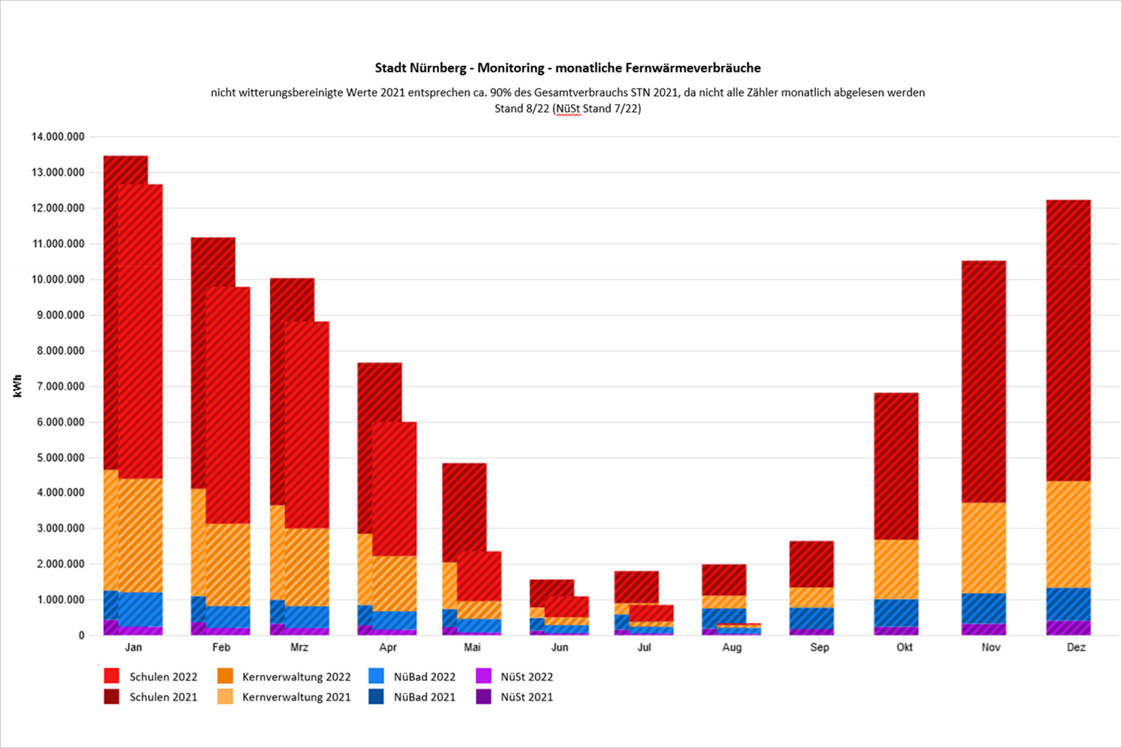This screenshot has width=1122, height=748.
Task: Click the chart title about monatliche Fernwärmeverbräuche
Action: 568,68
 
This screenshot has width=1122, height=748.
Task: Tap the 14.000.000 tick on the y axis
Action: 58,137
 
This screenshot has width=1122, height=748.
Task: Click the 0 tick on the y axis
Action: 82,636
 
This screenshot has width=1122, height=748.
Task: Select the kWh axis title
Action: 17,386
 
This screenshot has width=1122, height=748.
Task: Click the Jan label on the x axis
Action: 133,648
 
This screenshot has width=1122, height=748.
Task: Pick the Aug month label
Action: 732,648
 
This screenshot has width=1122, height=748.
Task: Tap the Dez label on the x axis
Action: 1076,648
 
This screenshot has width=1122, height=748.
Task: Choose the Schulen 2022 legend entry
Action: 151,677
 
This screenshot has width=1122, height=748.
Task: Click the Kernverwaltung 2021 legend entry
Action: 284,697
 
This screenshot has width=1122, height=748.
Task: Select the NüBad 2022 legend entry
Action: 412,677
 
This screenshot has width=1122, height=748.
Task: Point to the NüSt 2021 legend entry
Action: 515,697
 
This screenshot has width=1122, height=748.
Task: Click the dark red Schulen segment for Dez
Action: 1068,340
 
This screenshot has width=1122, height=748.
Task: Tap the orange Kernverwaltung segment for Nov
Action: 984,548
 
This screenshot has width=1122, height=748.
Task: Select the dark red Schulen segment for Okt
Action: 896,466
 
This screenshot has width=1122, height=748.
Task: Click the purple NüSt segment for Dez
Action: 1068,628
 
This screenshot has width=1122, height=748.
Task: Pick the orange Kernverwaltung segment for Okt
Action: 896,569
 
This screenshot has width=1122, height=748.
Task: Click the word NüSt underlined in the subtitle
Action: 568,108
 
